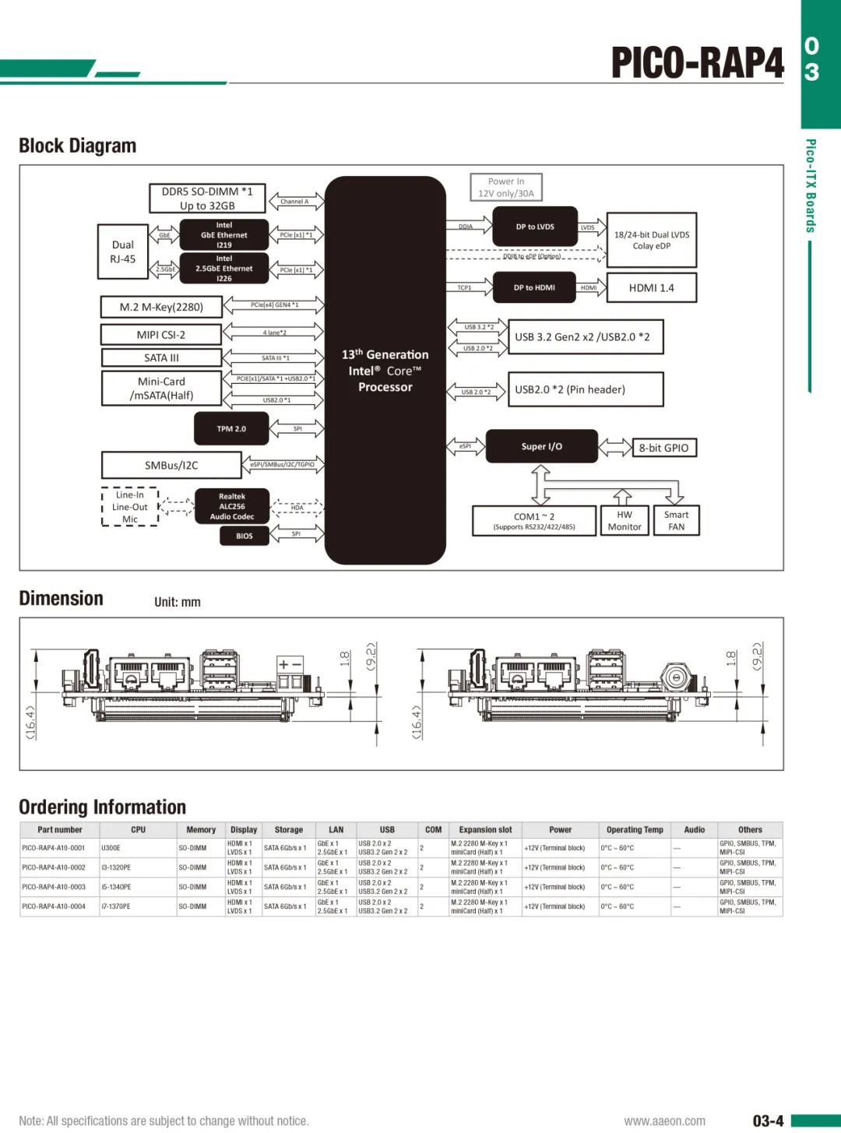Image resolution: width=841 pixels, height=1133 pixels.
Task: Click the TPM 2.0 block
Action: (231, 429)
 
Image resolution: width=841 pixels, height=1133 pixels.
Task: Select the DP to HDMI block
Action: (534, 287)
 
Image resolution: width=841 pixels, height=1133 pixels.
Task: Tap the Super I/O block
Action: (542, 446)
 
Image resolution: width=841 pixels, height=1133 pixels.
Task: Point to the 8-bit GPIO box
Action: (663, 448)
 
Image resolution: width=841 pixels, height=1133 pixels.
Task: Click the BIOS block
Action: (245, 536)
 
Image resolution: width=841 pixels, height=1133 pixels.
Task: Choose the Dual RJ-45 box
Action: (122, 252)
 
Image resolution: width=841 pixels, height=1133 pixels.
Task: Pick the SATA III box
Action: (161, 358)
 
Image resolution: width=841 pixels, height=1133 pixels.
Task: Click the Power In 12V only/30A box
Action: (506, 188)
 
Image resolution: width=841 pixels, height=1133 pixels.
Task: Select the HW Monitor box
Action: (625, 521)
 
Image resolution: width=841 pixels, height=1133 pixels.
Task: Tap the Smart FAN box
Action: (676, 521)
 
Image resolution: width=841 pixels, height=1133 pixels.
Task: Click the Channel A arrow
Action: (294, 202)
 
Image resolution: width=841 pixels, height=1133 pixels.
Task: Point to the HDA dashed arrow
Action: (297, 508)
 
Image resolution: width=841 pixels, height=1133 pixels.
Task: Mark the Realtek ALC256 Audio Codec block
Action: (232, 506)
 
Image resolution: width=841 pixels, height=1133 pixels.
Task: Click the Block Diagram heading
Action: (78, 146)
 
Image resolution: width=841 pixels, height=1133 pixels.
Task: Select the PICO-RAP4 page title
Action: (697, 62)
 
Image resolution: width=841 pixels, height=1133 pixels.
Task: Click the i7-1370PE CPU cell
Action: (116, 906)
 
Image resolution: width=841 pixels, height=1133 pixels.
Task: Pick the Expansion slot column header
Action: (485, 830)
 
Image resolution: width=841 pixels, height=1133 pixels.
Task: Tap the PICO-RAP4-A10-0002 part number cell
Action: (54, 867)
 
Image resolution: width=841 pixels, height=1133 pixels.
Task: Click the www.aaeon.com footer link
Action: (664, 1121)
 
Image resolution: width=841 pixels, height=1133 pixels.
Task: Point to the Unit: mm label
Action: (178, 602)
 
